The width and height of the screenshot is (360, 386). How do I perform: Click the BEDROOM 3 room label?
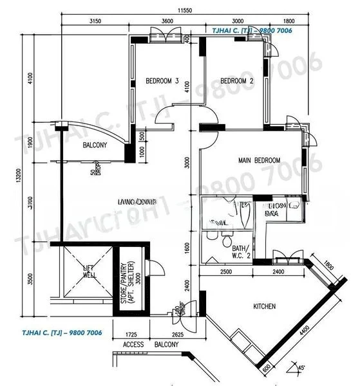tap(162, 81)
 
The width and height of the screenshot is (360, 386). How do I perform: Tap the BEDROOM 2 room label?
tap(236, 81)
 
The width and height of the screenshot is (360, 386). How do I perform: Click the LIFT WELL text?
tap(89, 272)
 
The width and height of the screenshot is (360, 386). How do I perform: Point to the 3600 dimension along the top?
tap(167, 21)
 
